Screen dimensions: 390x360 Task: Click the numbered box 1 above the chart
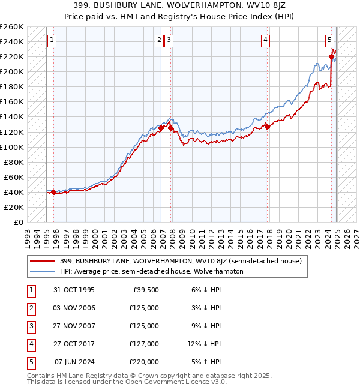click(52, 40)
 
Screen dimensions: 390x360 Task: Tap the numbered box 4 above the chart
click(265, 40)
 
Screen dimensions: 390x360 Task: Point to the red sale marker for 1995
click(54, 193)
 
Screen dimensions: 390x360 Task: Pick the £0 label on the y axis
click(19, 222)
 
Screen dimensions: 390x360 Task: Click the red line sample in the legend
click(42, 261)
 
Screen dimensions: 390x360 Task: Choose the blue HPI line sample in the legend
click(42, 271)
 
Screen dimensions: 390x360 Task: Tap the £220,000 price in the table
click(145, 362)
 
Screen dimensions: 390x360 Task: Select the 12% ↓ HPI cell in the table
click(204, 344)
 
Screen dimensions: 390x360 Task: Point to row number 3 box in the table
click(30, 326)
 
